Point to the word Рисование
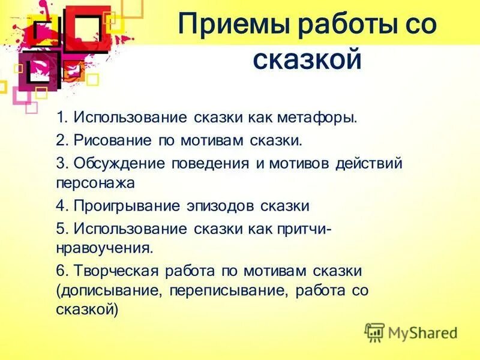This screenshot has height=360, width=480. pyautogui.click(x=113, y=140)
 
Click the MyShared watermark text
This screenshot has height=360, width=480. pyautogui.click(x=422, y=332)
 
